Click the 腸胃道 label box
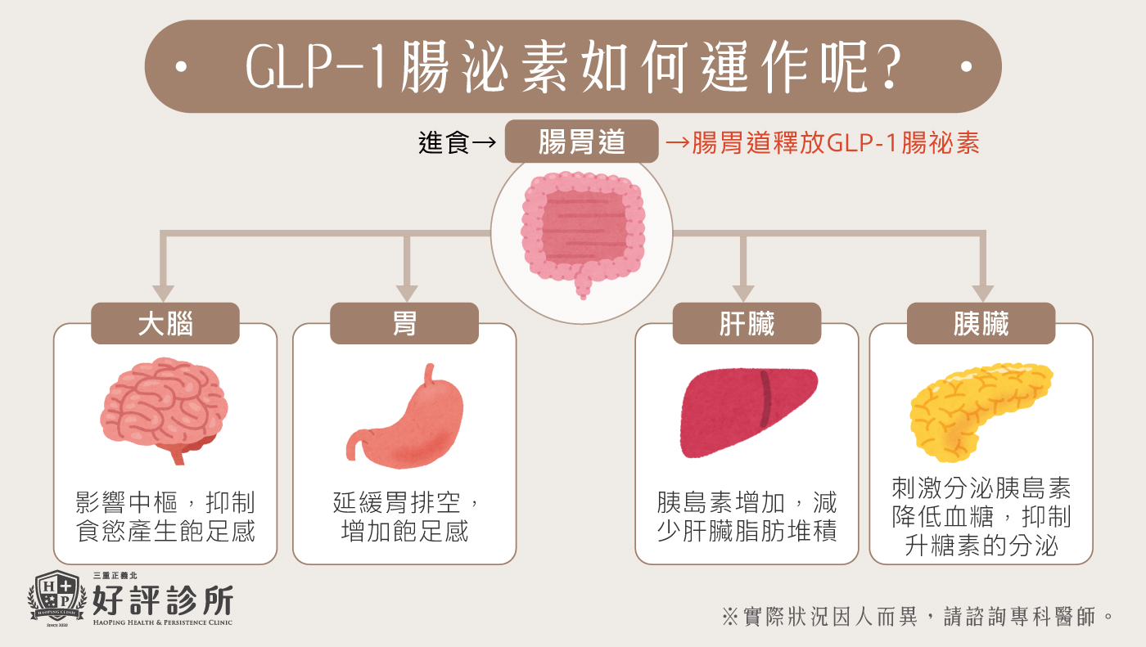[x=581, y=142]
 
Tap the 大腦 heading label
[x=165, y=324]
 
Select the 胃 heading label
[x=404, y=324]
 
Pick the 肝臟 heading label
[x=747, y=324]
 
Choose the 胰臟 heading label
[x=981, y=324]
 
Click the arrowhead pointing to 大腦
[x=164, y=293]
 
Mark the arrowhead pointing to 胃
[x=406, y=293]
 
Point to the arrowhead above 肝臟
[x=743, y=293]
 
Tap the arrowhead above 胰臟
[x=982, y=293]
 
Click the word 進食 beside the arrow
[x=444, y=143]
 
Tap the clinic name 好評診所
[x=163, y=600]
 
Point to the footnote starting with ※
[x=918, y=616]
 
